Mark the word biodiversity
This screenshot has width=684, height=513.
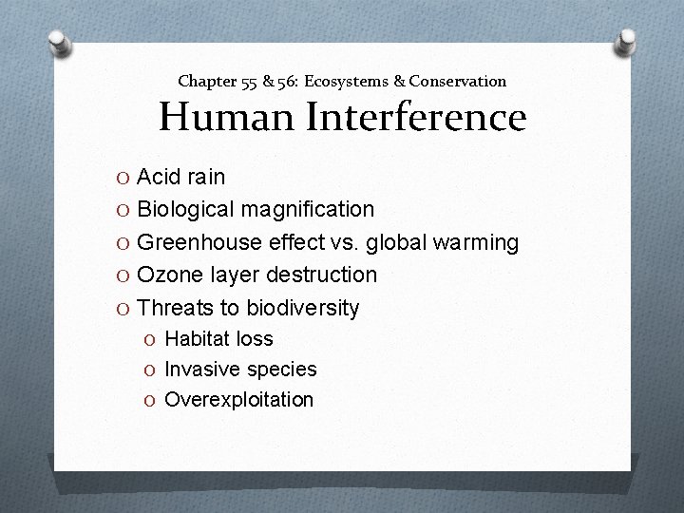click(303, 308)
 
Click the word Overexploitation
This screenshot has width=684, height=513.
click(238, 399)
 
